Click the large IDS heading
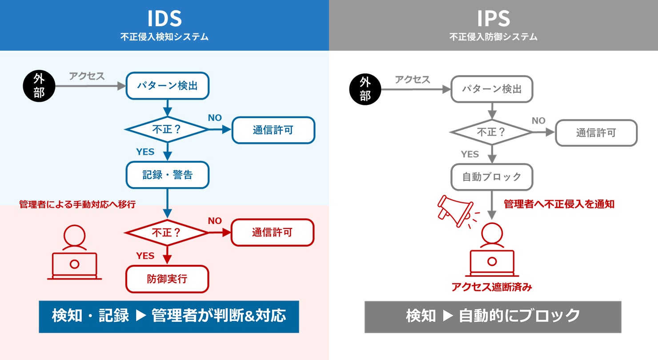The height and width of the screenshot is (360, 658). (x=164, y=19)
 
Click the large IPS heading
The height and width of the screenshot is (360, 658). (x=493, y=19)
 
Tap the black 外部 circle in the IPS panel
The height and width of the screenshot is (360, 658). (x=365, y=89)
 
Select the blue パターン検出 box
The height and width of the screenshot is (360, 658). (x=167, y=85)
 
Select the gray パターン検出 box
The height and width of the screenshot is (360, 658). (x=491, y=89)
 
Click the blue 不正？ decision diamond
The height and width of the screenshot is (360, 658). (x=167, y=129)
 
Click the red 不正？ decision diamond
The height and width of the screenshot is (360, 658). (x=167, y=232)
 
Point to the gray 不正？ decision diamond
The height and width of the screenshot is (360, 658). (x=491, y=132)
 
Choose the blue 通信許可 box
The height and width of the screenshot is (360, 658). (x=273, y=130)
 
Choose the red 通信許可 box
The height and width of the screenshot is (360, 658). (x=272, y=232)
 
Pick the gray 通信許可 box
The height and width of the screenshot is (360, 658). (x=596, y=132)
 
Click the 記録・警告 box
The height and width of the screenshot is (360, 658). (x=167, y=175)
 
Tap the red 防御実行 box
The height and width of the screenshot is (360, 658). (x=167, y=279)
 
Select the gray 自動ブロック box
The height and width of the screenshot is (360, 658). (x=491, y=177)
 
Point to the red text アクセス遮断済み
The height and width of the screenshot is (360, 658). (x=491, y=287)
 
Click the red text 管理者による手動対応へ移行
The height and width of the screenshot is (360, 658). (x=77, y=204)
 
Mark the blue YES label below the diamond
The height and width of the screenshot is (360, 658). (x=145, y=152)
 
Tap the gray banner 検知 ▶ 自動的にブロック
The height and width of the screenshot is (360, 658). (x=493, y=316)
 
